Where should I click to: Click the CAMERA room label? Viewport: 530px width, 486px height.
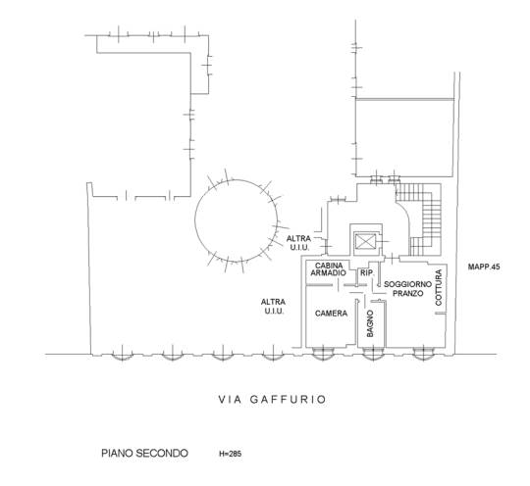[x=331, y=314]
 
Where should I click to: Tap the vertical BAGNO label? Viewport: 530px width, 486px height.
[x=370, y=323]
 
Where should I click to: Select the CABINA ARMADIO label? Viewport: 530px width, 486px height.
[x=328, y=269]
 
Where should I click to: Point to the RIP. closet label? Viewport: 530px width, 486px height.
[x=366, y=272]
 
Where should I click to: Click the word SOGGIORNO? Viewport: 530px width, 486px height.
[x=407, y=284]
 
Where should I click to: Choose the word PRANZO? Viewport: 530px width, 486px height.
[x=408, y=293]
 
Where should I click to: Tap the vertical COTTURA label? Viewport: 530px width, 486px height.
[x=439, y=287]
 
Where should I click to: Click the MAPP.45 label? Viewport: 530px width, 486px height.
[x=484, y=267]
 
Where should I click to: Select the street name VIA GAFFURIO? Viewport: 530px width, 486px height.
[x=272, y=400]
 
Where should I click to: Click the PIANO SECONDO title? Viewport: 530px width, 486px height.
[x=144, y=453]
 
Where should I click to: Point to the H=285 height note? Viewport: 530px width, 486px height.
[x=231, y=454]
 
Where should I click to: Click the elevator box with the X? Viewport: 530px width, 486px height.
[x=365, y=241]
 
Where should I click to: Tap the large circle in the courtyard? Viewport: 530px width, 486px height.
[x=237, y=220]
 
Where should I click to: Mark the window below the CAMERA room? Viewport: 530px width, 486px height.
[x=323, y=354]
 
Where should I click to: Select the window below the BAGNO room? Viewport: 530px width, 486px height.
[x=373, y=354]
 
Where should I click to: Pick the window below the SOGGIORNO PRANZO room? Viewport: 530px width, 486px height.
[x=424, y=354]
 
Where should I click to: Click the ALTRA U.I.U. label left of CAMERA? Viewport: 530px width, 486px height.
[x=273, y=306]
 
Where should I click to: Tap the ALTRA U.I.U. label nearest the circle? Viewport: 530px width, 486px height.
[x=298, y=243]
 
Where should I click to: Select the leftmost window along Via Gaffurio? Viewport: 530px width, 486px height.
[x=122, y=354]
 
